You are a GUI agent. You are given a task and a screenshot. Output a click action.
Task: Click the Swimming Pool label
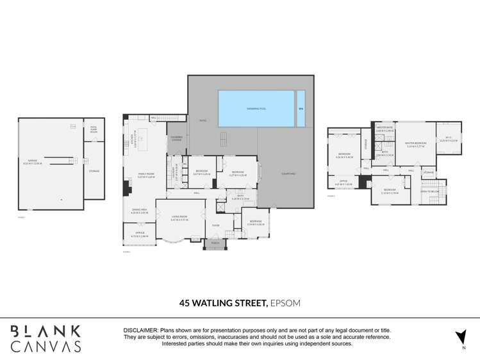tap(256, 109)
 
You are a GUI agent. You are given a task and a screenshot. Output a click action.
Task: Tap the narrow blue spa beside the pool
tap(301, 108)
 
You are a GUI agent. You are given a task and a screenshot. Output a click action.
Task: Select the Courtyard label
tap(287, 174)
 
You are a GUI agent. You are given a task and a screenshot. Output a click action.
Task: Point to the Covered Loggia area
tap(176, 138)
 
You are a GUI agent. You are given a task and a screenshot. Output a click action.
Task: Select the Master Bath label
tap(385, 129)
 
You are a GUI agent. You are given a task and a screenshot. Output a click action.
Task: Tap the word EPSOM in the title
tap(285, 303)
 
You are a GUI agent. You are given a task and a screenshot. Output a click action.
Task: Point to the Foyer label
tap(215, 224)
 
